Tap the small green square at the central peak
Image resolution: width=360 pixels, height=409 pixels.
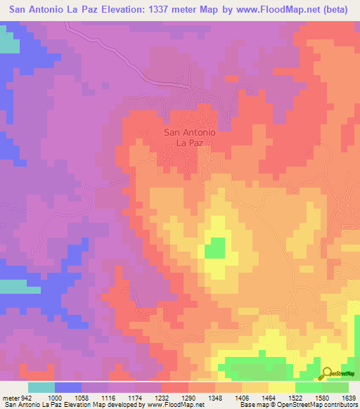(214, 248)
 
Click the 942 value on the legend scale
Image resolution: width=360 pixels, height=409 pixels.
(27, 397)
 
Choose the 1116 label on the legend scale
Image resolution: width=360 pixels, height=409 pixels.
(108, 397)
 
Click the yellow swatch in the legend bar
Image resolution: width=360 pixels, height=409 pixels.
(281, 387)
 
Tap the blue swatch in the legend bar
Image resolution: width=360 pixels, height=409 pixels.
(68, 387)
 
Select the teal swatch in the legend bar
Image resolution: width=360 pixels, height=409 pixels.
(41, 387)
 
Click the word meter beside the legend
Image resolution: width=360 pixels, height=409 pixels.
(9, 397)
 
